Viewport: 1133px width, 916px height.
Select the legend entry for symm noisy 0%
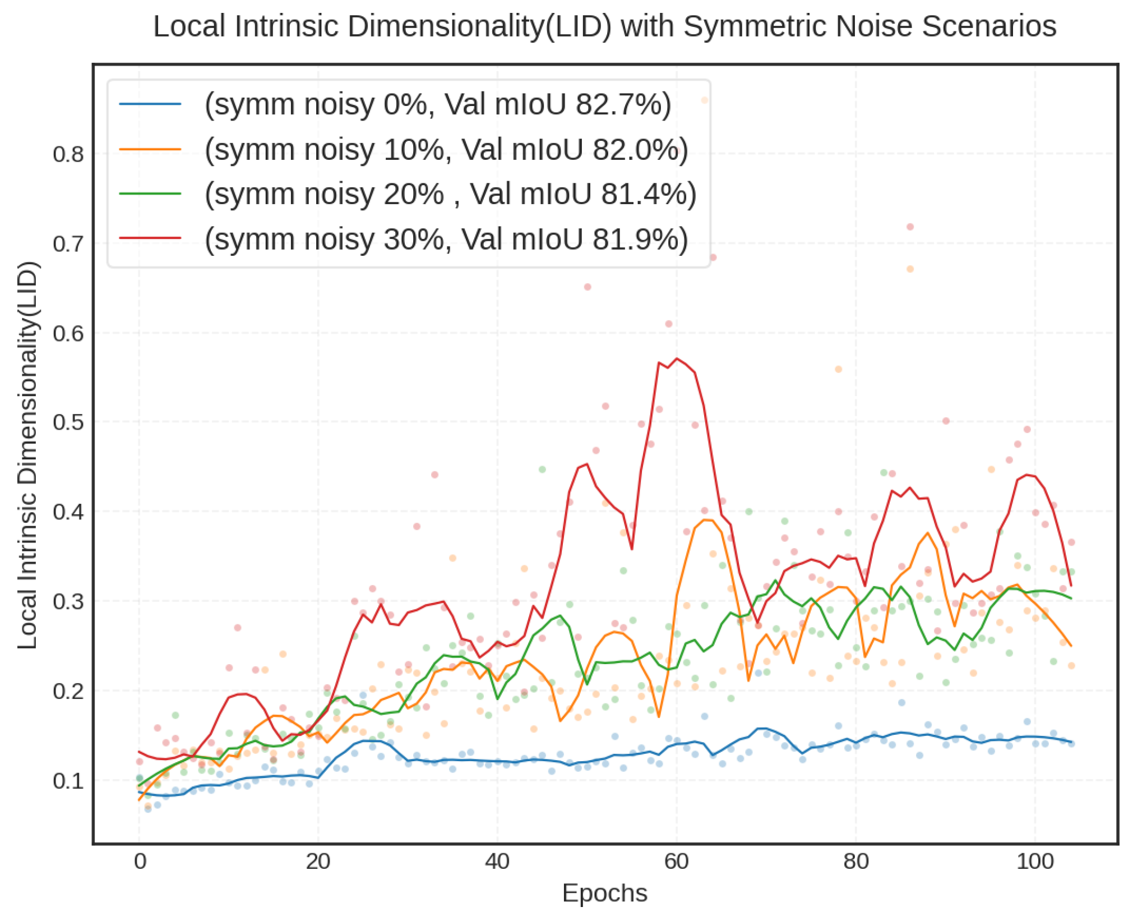pos(437,104)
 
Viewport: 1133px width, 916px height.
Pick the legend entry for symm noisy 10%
pos(446,150)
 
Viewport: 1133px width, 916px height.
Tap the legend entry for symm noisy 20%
pos(450,194)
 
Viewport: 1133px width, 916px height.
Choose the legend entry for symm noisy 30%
pos(446,240)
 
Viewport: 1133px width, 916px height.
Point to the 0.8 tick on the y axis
pos(68,154)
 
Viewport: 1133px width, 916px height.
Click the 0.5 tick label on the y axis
pos(68,422)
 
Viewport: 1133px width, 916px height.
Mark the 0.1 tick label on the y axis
pos(68,780)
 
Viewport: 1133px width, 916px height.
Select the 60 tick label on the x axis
pos(677,861)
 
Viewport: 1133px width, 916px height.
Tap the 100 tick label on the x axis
pos(1035,861)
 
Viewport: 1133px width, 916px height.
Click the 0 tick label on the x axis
pos(140,861)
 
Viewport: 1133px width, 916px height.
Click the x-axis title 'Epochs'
pos(604,892)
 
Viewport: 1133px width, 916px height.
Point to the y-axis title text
pos(27,455)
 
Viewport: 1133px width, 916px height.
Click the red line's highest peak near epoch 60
pos(677,358)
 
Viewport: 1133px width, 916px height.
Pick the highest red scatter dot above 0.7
pos(910,227)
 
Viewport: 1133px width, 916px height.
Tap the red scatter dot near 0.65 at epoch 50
pos(588,287)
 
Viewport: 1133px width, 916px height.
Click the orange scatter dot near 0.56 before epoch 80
pos(839,369)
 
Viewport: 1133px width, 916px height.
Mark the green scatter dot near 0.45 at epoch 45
pos(542,469)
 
